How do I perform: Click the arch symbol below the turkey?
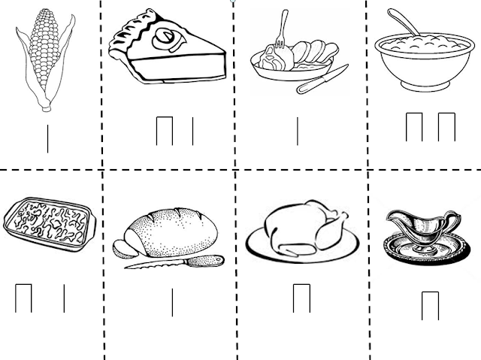(x=301, y=297)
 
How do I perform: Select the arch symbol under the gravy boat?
(x=430, y=305)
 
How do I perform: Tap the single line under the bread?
(x=172, y=301)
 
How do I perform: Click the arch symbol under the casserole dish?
(x=23, y=298)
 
